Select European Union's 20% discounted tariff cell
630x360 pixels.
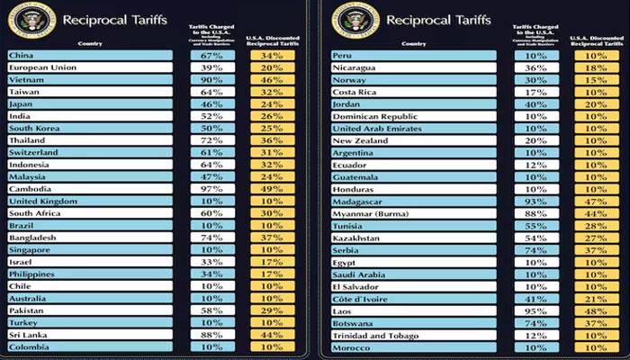coord(265,68)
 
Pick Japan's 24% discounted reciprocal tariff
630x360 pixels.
coord(265,105)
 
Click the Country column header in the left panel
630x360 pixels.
coord(90,42)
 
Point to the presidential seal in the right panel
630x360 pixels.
coord(349,16)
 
